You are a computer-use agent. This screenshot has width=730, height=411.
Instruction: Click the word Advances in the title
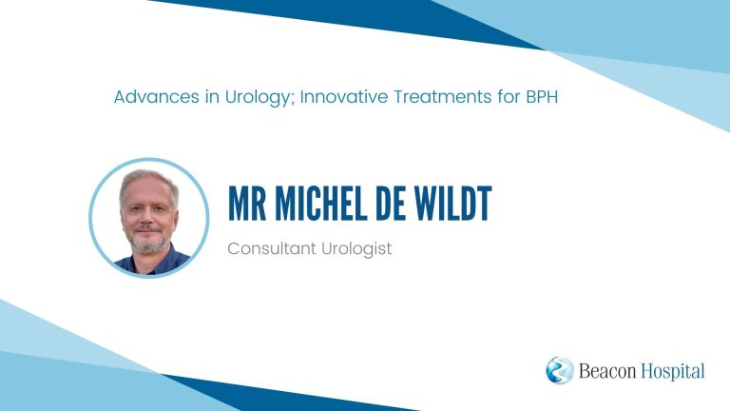pos(157,97)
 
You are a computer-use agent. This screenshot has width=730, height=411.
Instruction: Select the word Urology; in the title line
pos(260,98)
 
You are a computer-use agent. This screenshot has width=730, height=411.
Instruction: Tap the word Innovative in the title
pos(343,97)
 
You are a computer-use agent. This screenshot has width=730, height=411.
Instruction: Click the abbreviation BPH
pos(542,97)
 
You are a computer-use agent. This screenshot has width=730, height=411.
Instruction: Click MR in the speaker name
pos(247,204)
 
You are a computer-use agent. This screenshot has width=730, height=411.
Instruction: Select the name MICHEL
pos(321,204)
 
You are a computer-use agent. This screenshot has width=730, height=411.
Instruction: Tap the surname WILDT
pos(452,204)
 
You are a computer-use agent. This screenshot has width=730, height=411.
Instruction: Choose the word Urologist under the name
pos(356,249)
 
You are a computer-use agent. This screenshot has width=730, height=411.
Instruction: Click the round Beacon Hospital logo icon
pos(560,370)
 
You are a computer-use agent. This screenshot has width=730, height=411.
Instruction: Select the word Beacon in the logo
pos(607,371)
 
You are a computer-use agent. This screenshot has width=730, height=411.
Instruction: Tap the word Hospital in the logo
pos(673,372)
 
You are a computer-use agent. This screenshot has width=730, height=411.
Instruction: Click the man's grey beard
pos(148,243)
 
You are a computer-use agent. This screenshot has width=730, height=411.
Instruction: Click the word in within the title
pos(212,97)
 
